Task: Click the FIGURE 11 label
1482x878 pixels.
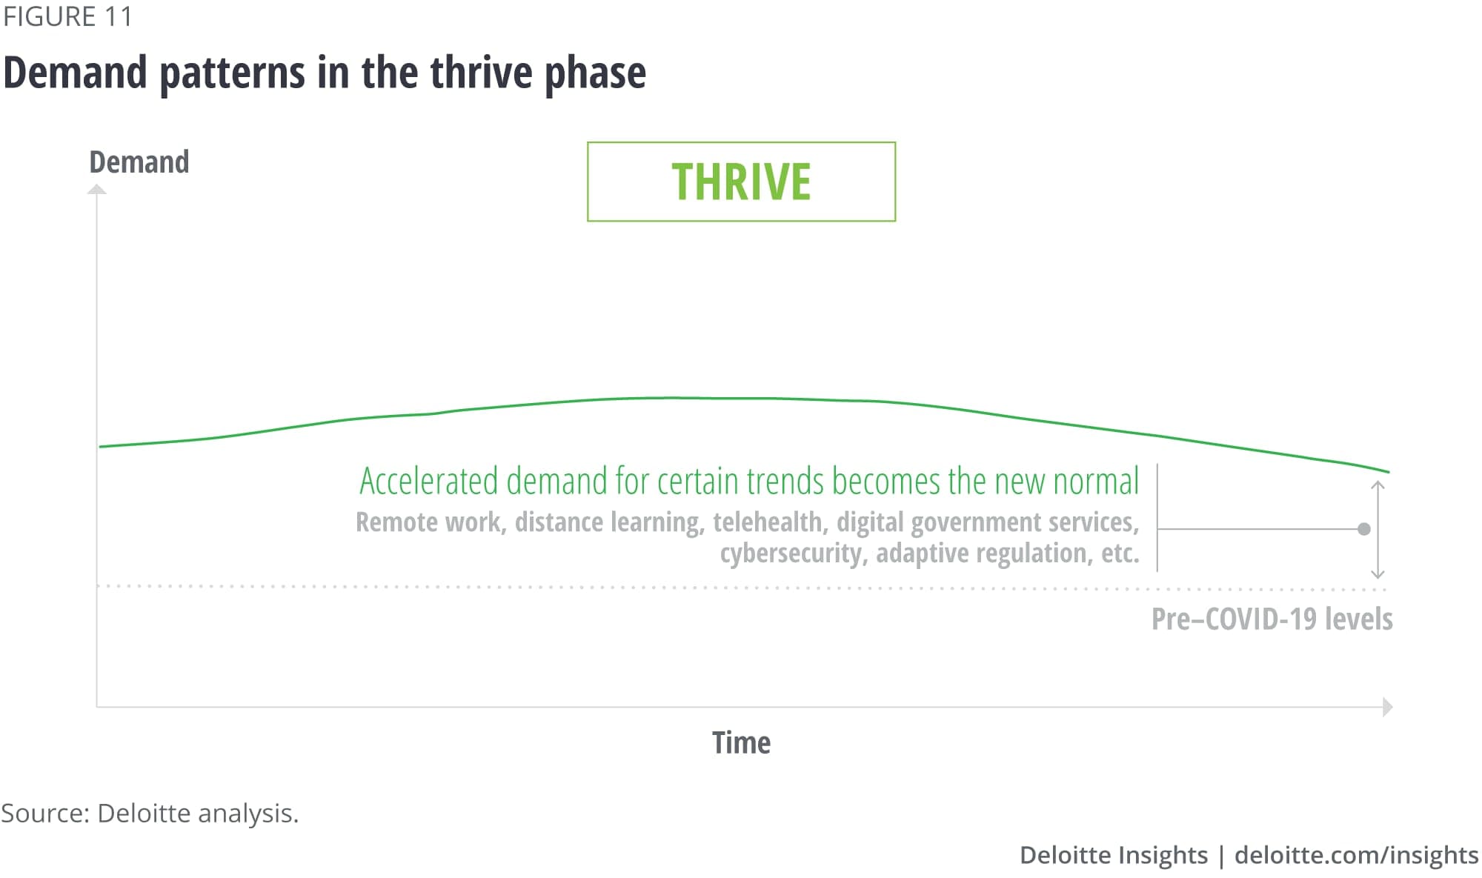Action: [x=67, y=16]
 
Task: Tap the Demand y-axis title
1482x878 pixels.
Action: [x=139, y=162]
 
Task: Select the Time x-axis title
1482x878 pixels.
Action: [x=741, y=742]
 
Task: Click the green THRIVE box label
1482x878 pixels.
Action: [x=741, y=182]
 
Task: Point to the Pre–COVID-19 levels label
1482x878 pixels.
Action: [x=1272, y=619]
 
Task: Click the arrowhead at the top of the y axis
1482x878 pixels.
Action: [x=97, y=190]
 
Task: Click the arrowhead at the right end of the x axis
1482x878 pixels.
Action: [x=1388, y=707]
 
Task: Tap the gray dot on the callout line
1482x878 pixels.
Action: [x=1364, y=529]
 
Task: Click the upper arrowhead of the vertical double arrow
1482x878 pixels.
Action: [x=1378, y=485]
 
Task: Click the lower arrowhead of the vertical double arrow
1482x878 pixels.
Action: [x=1378, y=573]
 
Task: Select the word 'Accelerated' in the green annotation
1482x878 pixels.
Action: [x=429, y=481]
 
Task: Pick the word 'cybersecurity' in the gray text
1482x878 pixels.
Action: [x=792, y=553]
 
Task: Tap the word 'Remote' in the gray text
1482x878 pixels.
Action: [x=396, y=522]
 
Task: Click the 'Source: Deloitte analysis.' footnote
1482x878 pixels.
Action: [x=150, y=814]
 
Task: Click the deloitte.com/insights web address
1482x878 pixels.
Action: [x=1356, y=855]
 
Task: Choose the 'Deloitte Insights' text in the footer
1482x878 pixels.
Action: [x=1114, y=855]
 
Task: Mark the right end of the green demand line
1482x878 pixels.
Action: [x=1389, y=472]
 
